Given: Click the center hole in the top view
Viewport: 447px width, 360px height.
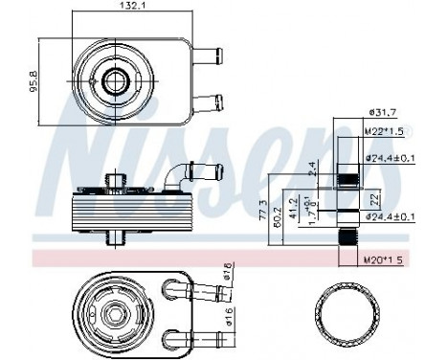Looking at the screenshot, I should coord(118,79).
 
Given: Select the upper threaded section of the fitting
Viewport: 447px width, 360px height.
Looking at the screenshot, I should coord(348,178).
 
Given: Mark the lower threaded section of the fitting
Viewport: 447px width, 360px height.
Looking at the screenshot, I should coord(348,236).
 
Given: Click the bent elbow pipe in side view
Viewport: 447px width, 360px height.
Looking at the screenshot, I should coord(181,173).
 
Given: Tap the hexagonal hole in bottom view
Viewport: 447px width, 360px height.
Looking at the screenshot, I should coord(116,311).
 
